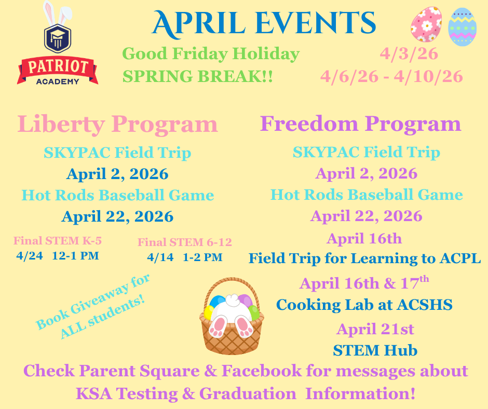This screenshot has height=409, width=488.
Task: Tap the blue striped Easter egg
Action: (462, 27)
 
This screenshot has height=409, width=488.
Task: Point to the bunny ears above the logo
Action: (57, 11)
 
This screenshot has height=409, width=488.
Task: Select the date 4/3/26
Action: (409, 53)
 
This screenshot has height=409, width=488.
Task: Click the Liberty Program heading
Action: (117, 125)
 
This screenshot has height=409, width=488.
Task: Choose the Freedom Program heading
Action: (360, 124)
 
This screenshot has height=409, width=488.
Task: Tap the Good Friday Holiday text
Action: (211, 53)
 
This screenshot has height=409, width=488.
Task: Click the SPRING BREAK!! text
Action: (198, 77)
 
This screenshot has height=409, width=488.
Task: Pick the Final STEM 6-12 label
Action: (184, 242)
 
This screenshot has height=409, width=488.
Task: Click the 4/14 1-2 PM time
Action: (184, 257)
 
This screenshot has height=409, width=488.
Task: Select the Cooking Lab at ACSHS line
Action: (364, 305)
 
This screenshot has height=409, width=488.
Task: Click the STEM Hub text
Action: (375, 350)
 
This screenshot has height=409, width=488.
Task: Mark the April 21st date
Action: (375, 329)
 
